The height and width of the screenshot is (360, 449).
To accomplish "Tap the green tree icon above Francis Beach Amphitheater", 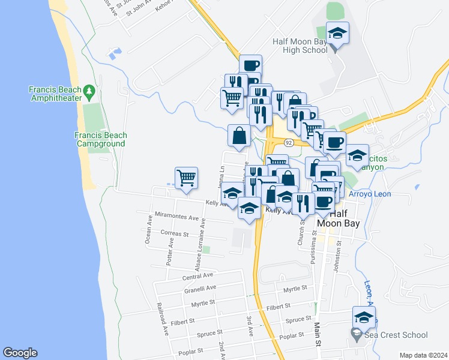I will [x=89, y=92].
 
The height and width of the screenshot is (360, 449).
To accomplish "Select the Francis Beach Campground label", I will [x=100, y=139].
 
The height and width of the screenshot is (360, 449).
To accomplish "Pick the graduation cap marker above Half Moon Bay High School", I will [x=337, y=34].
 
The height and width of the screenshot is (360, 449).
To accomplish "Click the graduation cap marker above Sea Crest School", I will [x=364, y=319].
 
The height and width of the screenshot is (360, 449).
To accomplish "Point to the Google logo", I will [x=20, y=353].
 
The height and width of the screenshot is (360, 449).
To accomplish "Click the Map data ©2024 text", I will [x=423, y=355].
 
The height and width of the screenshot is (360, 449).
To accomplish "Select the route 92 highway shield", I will [x=289, y=143].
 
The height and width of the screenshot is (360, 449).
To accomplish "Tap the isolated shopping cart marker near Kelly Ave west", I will [x=187, y=178].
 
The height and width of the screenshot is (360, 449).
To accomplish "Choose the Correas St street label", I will [x=175, y=233].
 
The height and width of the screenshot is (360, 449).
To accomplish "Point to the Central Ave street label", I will [x=198, y=275].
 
